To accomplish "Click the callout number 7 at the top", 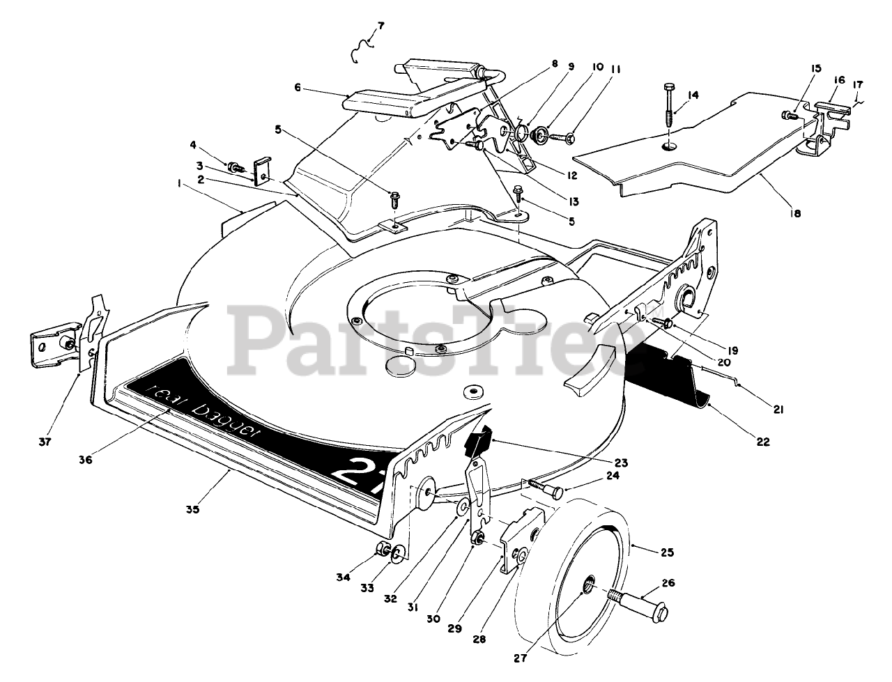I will [380, 26].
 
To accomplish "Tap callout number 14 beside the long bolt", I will [693, 95].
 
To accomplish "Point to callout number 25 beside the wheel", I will [668, 552].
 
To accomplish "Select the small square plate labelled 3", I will [263, 171].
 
